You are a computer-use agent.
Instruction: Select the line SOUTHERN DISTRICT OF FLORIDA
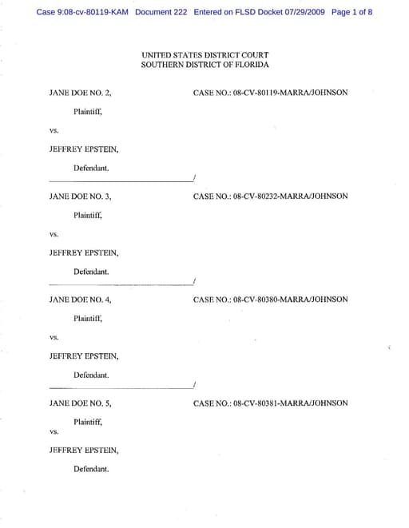(204, 64)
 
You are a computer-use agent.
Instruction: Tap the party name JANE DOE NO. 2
(80, 93)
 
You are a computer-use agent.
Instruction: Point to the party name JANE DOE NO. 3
(80, 196)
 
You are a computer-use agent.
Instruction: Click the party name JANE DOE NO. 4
(80, 300)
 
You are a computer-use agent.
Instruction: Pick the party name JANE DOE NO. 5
(80, 403)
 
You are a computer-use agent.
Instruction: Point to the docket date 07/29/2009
(301, 13)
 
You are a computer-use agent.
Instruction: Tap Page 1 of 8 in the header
(351, 13)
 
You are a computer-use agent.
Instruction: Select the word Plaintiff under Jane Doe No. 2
(88, 112)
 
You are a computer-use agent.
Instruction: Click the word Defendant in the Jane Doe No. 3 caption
(91, 272)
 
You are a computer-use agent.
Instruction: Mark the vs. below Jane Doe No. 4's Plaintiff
(54, 337)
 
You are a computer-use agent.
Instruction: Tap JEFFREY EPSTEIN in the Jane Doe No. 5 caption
(84, 451)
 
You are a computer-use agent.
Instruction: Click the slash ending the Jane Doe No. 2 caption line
(194, 177)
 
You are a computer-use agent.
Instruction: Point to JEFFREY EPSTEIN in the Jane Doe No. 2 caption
(84, 149)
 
